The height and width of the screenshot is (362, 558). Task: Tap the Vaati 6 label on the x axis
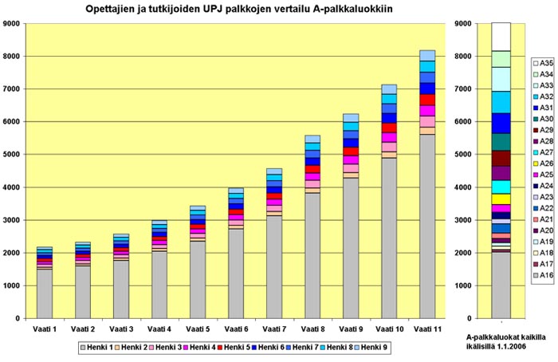(x=236, y=329)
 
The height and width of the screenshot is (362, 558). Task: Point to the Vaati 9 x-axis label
(x=351, y=329)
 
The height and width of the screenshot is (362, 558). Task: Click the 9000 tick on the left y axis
(x=13, y=24)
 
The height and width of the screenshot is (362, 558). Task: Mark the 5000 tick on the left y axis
(x=13, y=155)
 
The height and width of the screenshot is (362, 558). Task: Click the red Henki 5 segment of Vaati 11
(x=427, y=100)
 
